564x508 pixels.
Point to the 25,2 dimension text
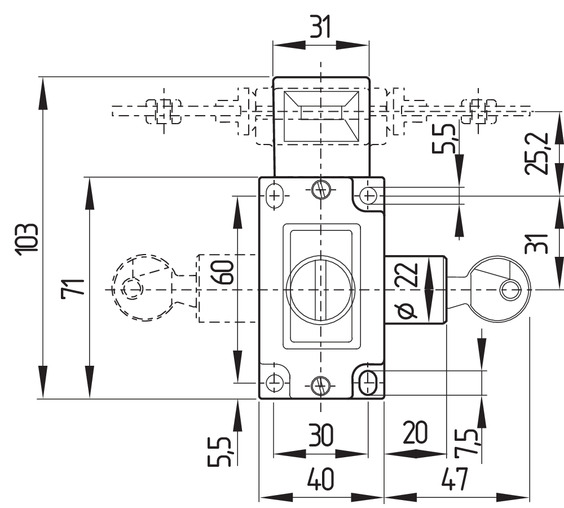pos(538,154)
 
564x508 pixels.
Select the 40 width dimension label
pos(320,480)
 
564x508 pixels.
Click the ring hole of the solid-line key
pos(511,290)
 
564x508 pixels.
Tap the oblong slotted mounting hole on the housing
pos(368,382)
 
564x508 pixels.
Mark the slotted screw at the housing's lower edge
pos(320,386)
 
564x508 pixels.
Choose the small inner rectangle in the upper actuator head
pos(320,112)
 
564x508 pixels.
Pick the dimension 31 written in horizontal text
pos(320,27)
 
